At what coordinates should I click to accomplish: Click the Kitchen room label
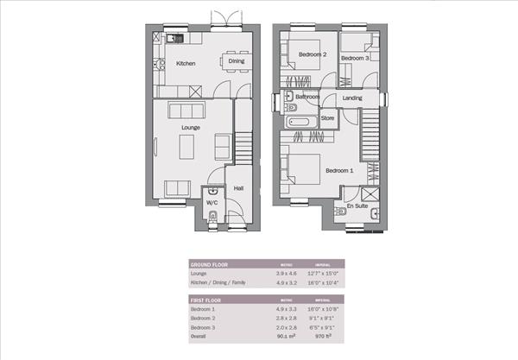point(186,64)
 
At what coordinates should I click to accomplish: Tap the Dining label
point(236,61)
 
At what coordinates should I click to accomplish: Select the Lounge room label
point(191,129)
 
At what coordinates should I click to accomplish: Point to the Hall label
point(238,188)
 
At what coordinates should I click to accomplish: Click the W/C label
point(212,205)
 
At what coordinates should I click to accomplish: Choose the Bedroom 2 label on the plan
point(313,54)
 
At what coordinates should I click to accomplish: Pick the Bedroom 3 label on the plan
point(355,58)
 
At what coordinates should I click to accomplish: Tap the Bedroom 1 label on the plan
point(339,171)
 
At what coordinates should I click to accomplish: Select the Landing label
point(352,98)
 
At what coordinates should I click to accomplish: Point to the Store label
point(328,117)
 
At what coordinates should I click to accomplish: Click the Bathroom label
point(307,98)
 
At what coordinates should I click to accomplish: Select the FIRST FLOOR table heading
point(206,299)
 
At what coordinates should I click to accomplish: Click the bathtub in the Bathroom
point(301,123)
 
